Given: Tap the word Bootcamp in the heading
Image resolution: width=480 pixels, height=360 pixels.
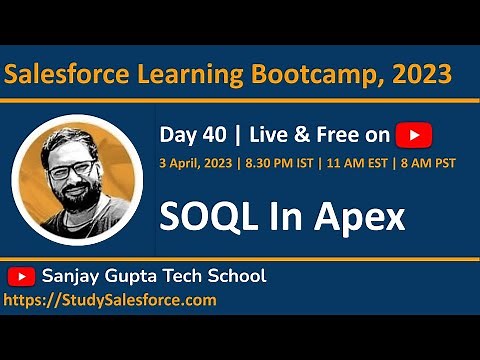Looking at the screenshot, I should [x=314, y=74].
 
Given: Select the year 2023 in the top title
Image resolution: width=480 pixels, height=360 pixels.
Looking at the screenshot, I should [x=420, y=74].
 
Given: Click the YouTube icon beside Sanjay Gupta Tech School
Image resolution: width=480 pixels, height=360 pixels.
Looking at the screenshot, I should [x=21, y=275].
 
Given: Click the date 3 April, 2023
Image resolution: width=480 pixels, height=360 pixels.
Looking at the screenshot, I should [x=195, y=163].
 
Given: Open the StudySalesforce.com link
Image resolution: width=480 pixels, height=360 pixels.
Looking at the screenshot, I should [x=110, y=299].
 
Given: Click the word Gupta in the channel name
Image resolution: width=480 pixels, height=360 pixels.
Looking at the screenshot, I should [x=138, y=275].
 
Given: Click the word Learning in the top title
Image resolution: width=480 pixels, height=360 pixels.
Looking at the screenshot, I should [x=187, y=74].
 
